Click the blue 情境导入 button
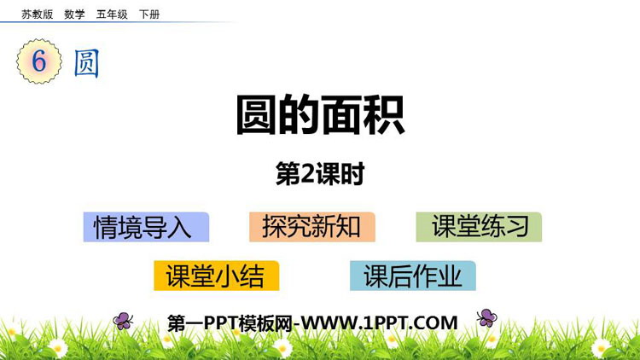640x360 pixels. (146, 227)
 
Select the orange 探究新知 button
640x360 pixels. (312, 227)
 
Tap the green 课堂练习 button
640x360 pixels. (479, 227)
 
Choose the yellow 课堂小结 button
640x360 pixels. (217, 276)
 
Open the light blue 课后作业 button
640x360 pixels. (413, 276)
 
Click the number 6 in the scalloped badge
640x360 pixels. (39, 61)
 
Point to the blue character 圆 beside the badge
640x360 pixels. (86, 63)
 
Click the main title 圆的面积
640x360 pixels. (320, 114)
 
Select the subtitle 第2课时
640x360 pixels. (320, 174)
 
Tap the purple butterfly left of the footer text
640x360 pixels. (123, 321)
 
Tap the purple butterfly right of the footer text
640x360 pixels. (487, 317)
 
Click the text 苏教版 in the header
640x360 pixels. (38, 15)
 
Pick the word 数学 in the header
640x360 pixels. (74, 15)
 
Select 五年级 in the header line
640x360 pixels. (112, 15)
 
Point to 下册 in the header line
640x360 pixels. (149, 15)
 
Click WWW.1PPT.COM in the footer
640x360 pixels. (379, 323)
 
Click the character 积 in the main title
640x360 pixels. (384, 114)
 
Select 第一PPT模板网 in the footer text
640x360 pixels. (230, 323)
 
